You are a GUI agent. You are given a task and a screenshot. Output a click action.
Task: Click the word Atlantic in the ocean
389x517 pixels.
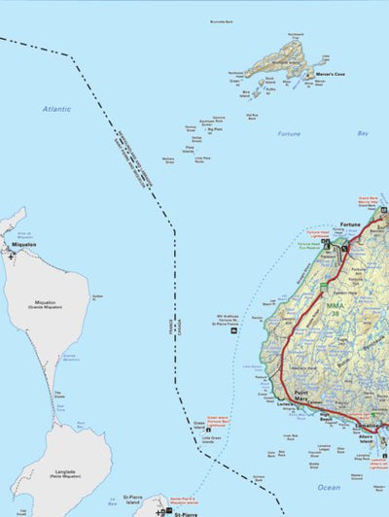[56, 109]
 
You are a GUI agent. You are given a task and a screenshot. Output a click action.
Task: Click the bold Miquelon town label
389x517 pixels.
[21, 245]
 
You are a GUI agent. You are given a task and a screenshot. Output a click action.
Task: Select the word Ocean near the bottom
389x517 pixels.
[329, 487]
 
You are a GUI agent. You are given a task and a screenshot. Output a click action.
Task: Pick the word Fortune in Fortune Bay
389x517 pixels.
[288, 133]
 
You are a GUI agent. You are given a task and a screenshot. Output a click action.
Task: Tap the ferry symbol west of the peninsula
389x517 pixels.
[233, 332]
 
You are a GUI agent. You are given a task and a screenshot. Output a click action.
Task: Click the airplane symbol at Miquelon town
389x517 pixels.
[11, 254]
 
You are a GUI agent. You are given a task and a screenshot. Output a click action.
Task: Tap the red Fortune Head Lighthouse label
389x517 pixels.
[318, 234]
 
